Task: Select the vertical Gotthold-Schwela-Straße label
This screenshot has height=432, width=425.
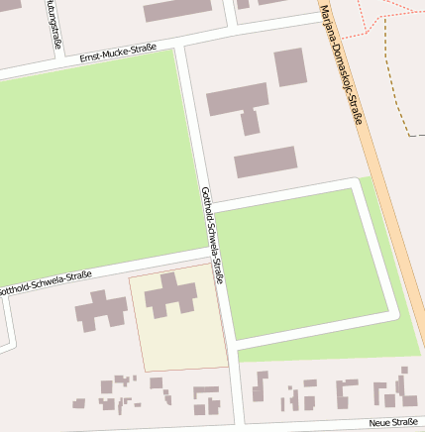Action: pyautogui.click(x=212, y=234)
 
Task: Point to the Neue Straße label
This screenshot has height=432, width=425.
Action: pyautogui.click(x=393, y=423)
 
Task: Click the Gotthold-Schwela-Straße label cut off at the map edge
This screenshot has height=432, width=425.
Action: pyautogui.click(x=46, y=283)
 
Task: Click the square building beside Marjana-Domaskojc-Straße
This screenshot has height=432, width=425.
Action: pyautogui.click(x=290, y=67)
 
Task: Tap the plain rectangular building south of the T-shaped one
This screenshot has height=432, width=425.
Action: pyautogui.click(x=266, y=162)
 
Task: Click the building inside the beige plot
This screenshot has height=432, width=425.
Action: pyautogui.click(x=171, y=295)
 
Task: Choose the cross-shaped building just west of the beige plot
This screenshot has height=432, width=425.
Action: pyautogui.click(x=101, y=310)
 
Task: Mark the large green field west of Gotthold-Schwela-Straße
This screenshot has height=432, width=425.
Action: pyautogui.click(x=94, y=168)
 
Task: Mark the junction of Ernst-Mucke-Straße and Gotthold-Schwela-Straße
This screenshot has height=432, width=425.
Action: pyautogui.click(x=180, y=45)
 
